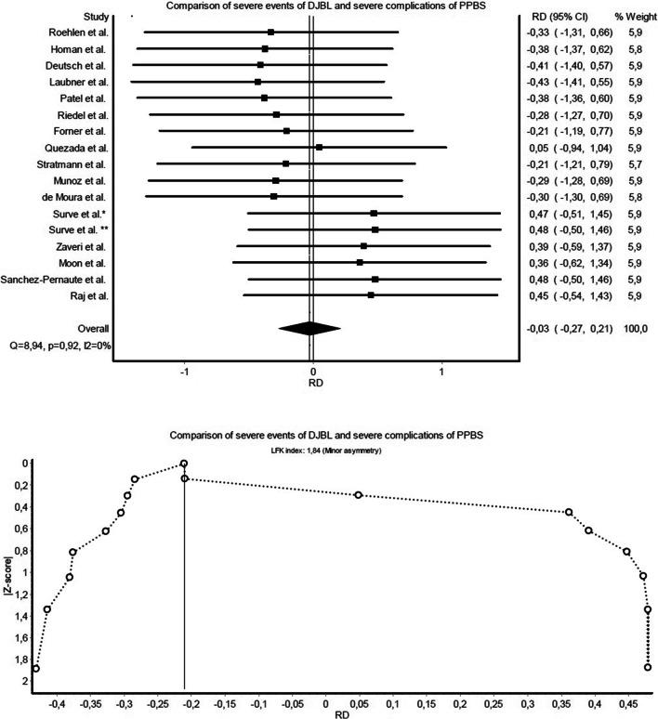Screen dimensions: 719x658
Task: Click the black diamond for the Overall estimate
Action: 310,327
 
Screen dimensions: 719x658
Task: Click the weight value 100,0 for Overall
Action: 634,328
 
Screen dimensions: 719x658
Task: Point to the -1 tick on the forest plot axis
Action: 185,369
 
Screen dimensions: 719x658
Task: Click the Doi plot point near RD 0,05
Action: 359,495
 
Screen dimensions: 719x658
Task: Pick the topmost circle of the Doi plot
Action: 184,464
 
